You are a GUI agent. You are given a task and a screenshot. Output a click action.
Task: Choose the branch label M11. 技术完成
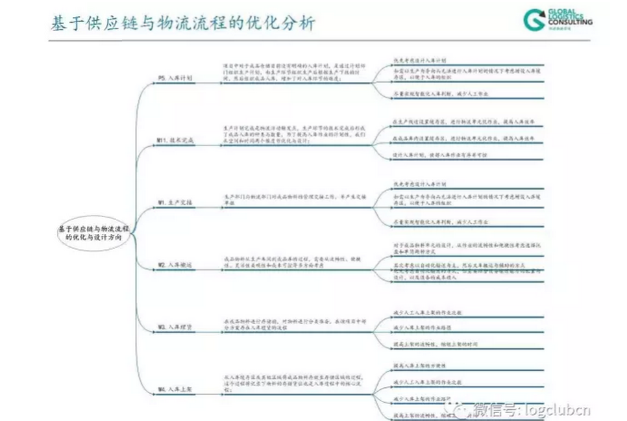tap(176, 140)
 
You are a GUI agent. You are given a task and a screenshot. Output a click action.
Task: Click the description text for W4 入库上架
tap(292, 383)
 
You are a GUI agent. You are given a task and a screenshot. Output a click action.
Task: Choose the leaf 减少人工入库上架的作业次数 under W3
tap(428, 313)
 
